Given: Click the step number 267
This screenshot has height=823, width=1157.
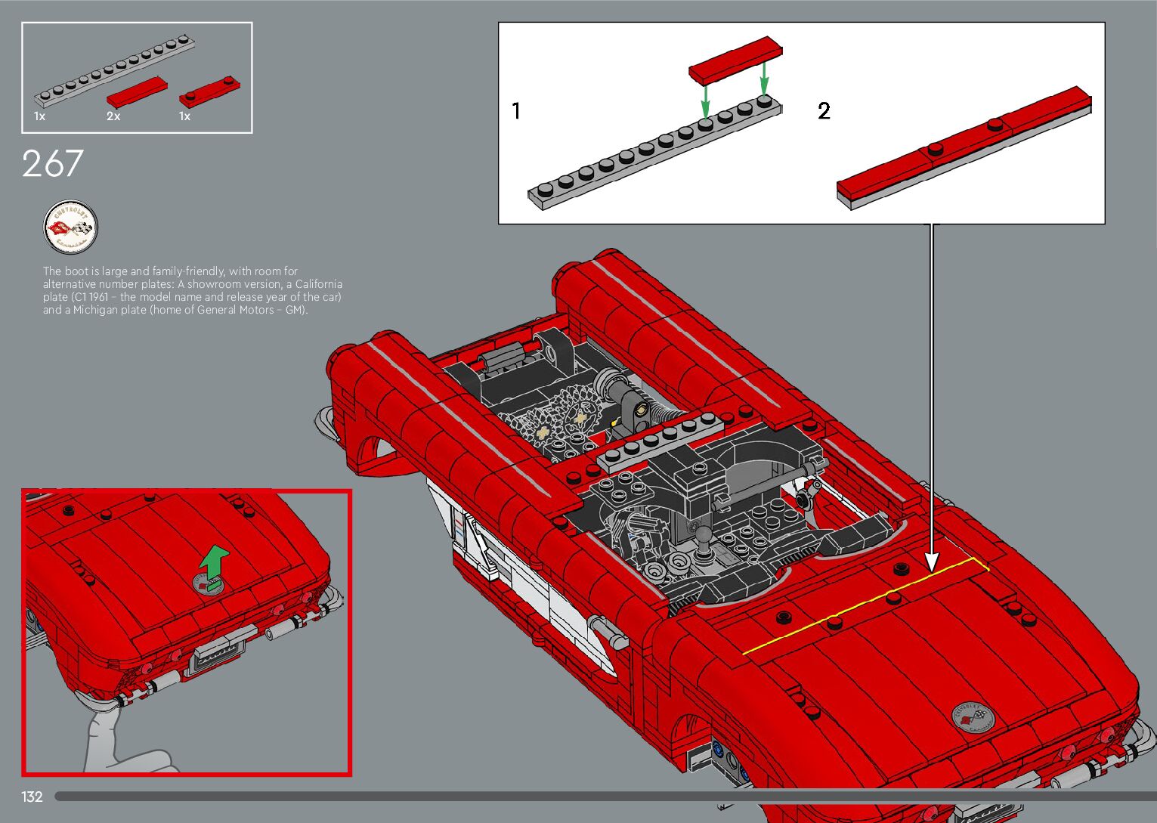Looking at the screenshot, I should pos(52,163).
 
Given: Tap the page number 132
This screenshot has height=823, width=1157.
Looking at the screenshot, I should pos(32,797).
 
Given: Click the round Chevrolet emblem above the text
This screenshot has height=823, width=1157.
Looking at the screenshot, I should pos(70,227).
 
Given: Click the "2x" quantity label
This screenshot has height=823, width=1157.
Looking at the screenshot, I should pos(113,116).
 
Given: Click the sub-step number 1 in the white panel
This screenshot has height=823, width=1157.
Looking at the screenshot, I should pos(516,111).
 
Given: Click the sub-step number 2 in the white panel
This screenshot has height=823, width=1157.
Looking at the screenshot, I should pos(824,111).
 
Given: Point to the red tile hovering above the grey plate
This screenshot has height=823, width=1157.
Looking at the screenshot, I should pos(735,60).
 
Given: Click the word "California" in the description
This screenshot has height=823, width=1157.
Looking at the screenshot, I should pos(318,284).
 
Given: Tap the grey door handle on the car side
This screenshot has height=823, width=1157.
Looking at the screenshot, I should pos(610,630).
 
